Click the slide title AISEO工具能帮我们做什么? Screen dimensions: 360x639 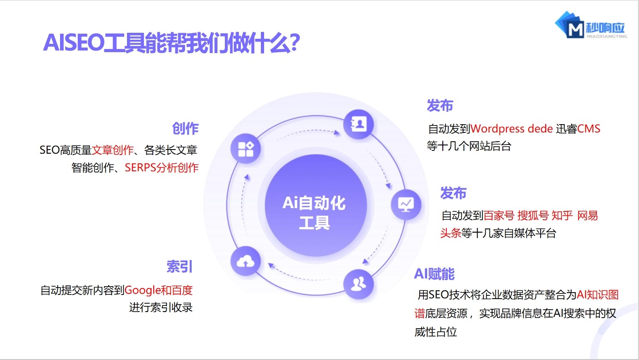tap(172, 43)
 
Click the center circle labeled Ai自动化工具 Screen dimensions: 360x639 tap(314, 213)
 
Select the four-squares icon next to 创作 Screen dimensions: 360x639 tap(246, 149)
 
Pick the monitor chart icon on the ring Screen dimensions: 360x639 tap(406, 204)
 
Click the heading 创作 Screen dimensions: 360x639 tap(185, 129)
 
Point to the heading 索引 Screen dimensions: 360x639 tap(180, 267)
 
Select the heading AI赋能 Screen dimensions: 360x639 tap(434, 274)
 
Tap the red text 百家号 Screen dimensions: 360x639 tap(499, 216)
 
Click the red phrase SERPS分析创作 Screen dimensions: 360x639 tap(162, 168)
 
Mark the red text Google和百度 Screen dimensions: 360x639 tap(158, 290)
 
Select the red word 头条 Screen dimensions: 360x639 tap(450, 233)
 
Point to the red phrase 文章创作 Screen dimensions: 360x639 tap(113, 150)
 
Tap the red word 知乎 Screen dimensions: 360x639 tap(562, 216)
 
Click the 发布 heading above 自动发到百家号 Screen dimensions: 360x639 tap(453, 193)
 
